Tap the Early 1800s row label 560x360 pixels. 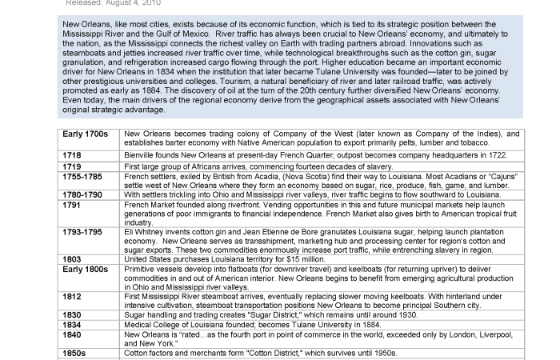point(86,270)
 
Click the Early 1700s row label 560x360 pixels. point(86,134)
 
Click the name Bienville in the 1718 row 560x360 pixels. point(141,154)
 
